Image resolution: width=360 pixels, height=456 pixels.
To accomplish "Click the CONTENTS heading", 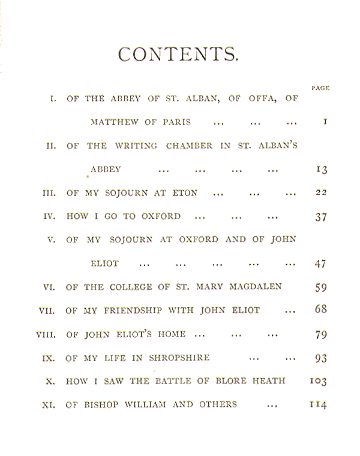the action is tap(178, 54).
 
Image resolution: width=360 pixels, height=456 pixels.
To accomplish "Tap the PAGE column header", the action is tap(320, 88).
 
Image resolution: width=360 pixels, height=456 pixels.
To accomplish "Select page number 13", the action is tap(322, 169).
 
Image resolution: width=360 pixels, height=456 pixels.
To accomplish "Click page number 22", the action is tap(322, 193).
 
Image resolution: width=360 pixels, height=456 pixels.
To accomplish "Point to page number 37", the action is tap(321, 217).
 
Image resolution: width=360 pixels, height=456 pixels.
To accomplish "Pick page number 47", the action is tap(320, 264).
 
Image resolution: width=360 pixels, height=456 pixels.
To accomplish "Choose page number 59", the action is tap(321, 287).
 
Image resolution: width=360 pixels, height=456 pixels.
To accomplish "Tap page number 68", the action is tap(321, 309).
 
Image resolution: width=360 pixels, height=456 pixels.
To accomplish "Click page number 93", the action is tap(321, 358).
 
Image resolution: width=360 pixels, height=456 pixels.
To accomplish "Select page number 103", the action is tap(319, 381).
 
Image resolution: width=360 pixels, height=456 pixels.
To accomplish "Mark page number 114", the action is tap(319, 404).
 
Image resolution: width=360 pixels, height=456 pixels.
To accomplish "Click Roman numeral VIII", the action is tap(46, 335).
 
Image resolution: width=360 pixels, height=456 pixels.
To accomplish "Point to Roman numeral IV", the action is tap(49, 217).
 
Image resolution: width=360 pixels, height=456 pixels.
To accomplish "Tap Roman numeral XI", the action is tap(49, 405).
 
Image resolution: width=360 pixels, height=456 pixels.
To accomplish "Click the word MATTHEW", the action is tap(114, 122).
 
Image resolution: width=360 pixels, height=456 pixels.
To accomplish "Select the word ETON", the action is tap(185, 193).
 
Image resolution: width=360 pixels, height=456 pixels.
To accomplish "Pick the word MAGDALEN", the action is tap(256, 287).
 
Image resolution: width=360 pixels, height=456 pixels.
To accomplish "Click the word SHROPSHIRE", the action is tap(179, 358).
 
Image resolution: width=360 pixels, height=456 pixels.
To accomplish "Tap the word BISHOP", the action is tap(101, 404).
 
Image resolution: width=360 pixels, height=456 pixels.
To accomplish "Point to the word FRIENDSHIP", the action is tap(133, 310).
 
